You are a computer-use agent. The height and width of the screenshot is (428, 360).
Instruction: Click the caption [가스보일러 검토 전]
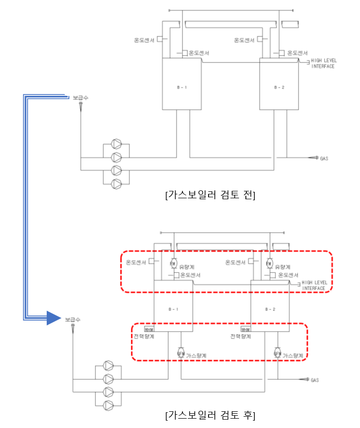[210, 195]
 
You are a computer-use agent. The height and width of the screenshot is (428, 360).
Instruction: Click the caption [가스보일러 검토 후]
[210, 415]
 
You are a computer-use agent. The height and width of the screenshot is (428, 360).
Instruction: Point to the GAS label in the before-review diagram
[324, 158]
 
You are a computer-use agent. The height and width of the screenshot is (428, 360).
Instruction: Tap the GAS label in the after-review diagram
[315, 380]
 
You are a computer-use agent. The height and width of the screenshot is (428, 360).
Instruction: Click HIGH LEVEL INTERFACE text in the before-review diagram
[323, 63]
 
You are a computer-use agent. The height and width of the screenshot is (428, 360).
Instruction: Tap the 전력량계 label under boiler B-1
[145, 336]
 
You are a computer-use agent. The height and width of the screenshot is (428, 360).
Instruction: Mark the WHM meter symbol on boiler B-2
[246, 329]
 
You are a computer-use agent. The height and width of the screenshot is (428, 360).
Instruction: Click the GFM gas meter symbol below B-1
[180, 354]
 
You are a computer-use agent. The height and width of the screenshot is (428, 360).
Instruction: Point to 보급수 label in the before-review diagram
[81, 98]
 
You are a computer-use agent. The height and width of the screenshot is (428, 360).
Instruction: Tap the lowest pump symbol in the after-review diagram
[109, 405]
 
